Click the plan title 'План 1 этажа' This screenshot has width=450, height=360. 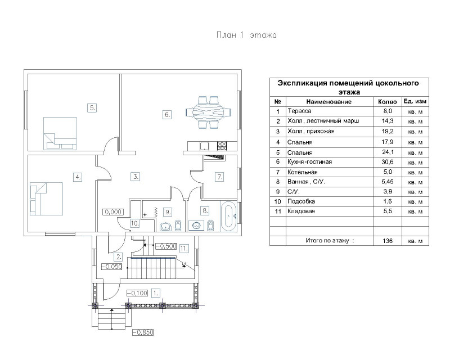[246, 35]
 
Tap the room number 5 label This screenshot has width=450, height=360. [92, 108]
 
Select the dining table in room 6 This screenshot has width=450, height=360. [209, 112]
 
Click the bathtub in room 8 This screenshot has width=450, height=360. [228, 216]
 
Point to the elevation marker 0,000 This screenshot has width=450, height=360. [113, 212]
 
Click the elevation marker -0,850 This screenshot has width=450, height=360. [143, 332]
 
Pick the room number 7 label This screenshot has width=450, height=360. [219, 177]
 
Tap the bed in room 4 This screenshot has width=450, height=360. [47, 199]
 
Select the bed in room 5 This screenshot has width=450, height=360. [60, 133]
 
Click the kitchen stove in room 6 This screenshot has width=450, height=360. [222, 146]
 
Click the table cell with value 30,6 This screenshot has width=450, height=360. [388, 162]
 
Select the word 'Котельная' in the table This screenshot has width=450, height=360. [303, 172]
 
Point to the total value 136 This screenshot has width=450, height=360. [388, 241]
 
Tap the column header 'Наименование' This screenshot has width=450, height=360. [329, 102]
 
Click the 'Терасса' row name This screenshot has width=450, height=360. [299, 111]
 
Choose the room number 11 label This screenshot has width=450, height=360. [184, 248]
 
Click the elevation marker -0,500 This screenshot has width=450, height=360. [166, 246]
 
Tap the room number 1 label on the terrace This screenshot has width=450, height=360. [155, 293]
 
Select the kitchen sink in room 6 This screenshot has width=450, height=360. [205, 146]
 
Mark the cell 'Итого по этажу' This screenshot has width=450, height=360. [330, 241]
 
